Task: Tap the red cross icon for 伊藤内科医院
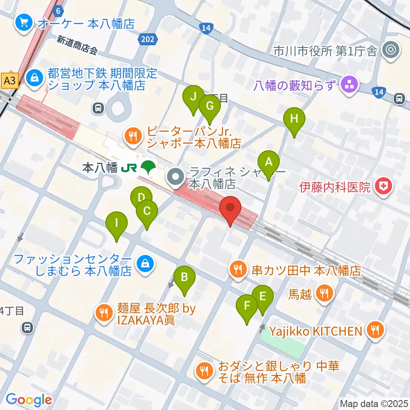pyautogui.click(x=383, y=187)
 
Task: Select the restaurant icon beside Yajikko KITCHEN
pyautogui.click(x=375, y=330)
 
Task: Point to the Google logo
pyautogui.click(x=29, y=400)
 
